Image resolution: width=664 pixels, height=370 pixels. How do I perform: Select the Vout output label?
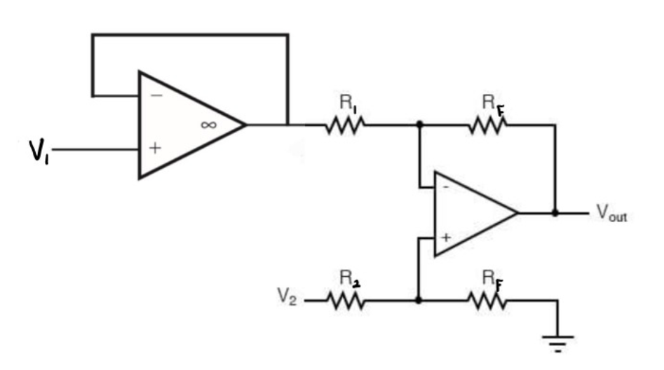click(611, 214)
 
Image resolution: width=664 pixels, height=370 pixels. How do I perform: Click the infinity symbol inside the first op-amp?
click(208, 124)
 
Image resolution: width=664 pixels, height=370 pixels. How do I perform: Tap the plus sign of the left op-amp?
click(156, 149)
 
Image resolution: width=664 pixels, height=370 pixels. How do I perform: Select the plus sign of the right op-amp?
click(445, 238)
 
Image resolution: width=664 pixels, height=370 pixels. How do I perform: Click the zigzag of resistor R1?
click(344, 125)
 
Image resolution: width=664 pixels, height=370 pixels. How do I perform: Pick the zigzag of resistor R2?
click(344, 300)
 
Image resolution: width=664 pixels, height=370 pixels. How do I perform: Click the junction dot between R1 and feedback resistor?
click(419, 125)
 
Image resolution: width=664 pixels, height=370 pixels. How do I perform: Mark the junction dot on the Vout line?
click(555, 212)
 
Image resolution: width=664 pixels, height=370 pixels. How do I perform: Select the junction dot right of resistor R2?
click(419, 300)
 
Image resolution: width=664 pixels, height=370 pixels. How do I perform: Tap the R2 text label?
click(348, 278)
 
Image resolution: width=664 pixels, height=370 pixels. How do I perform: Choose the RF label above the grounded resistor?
click(492, 279)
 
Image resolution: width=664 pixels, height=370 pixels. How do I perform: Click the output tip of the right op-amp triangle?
click(517, 212)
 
